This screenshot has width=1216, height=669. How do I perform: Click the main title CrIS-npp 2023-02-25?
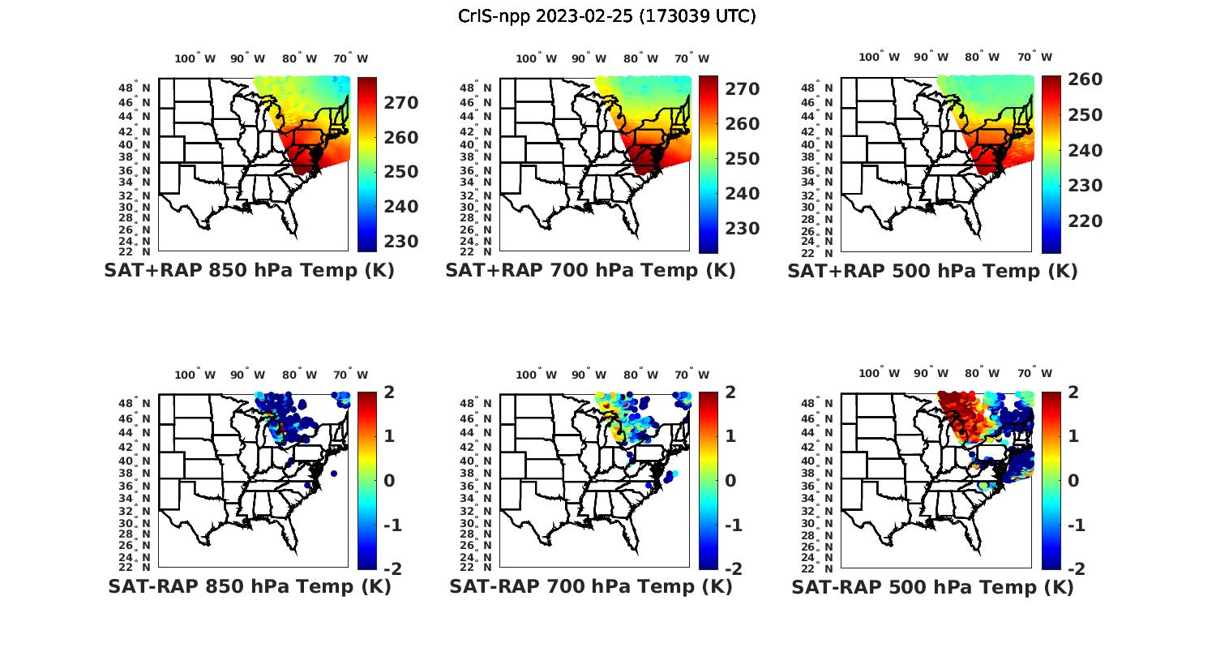pyautogui.click(x=607, y=16)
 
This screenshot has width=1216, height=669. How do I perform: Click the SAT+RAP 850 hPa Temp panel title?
pyautogui.click(x=249, y=271)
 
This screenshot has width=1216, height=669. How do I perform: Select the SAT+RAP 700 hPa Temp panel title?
pyautogui.click(x=590, y=271)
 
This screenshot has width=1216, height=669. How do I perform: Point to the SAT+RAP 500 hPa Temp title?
pyautogui.click(x=932, y=271)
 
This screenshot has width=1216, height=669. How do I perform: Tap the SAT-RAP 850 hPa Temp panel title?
pyautogui.click(x=249, y=587)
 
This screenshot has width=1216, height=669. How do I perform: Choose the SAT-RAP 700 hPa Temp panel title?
pyautogui.click(x=590, y=587)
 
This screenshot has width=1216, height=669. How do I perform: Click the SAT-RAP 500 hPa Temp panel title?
pyautogui.click(x=932, y=587)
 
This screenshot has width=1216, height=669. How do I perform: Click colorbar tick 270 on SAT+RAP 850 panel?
pyautogui.click(x=401, y=103)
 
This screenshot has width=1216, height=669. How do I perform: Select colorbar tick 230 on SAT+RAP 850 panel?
pyautogui.click(x=401, y=242)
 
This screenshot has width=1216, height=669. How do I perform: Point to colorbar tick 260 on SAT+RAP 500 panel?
pyautogui.click(x=1085, y=79)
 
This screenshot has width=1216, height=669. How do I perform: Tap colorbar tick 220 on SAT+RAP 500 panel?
pyautogui.click(x=1085, y=221)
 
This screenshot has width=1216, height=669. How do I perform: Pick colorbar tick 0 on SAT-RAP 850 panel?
pyautogui.click(x=388, y=480)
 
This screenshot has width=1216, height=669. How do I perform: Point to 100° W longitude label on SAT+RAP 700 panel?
pyautogui.click(x=536, y=58)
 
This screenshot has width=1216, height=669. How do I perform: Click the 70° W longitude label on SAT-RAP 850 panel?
pyautogui.click(x=351, y=375)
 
